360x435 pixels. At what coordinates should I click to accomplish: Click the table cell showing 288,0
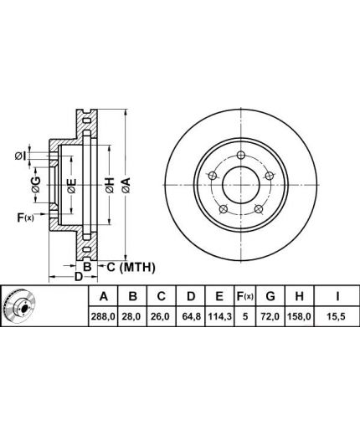pyautogui.click(x=103, y=316)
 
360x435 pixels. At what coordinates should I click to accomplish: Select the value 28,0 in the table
pyautogui.click(x=132, y=316)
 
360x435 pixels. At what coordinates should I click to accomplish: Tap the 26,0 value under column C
pyautogui.click(x=161, y=316)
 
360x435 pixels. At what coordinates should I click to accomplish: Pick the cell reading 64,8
pyautogui.click(x=191, y=316)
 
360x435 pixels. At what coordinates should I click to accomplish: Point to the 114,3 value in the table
pyautogui.click(x=219, y=316)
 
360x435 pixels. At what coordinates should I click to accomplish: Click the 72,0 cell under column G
pyautogui.click(x=270, y=316)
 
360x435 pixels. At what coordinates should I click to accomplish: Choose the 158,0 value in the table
pyautogui.click(x=299, y=316)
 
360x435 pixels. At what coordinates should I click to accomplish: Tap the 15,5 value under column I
pyautogui.click(x=337, y=316)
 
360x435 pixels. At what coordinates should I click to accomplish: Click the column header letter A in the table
pyautogui.click(x=103, y=296)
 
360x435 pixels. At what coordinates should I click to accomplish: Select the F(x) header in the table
pyautogui.click(x=244, y=296)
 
